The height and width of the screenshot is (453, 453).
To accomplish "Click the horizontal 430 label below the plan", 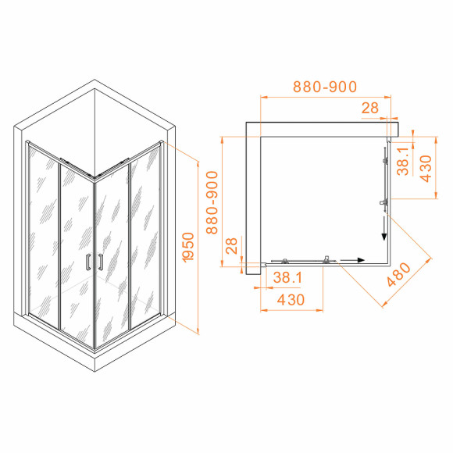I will point(290,300).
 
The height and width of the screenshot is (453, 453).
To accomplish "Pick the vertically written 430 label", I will point(426,168).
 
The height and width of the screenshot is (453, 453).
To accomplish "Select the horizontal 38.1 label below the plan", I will point(287,277).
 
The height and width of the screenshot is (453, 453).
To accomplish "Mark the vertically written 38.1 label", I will point(403,162).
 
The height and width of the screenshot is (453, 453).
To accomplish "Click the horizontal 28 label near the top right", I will point(370,109).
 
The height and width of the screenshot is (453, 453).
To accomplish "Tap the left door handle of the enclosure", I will point(87,262).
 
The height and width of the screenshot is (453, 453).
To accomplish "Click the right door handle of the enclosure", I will point(101,262).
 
